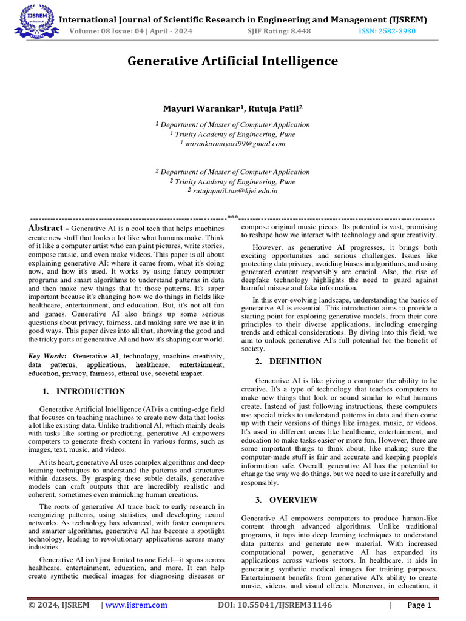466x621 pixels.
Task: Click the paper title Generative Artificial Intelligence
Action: [232, 61]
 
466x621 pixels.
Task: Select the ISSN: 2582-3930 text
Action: [385, 32]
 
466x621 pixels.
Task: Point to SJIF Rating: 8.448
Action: [274, 32]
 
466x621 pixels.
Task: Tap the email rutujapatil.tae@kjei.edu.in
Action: [232, 191]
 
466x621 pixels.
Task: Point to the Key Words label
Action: [47, 355]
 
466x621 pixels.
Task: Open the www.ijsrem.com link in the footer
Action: [137, 605]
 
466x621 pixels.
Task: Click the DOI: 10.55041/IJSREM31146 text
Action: [277, 605]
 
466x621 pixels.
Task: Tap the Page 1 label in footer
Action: [419, 605]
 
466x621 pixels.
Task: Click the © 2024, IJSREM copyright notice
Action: [59, 605]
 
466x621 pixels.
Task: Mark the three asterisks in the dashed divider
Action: [232, 217]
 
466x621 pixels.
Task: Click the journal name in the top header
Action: [243, 20]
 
